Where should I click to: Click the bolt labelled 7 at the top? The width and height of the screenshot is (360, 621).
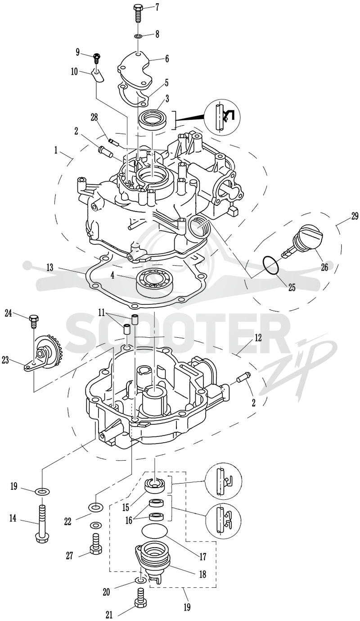pyautogui.click(x=138, y=14)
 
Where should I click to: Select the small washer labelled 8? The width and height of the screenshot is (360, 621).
pyautogui.click(x=138, y=36)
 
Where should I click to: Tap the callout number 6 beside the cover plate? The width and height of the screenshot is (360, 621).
pyautogui.click(x=166, y=59)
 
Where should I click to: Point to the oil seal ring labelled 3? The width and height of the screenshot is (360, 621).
pyautogui.click(x=152, y=118)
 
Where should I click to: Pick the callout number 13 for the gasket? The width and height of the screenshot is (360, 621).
pyautogui.click(x=50, y=267)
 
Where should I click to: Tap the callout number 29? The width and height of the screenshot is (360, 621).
pyautogui.click(x=355, y=216)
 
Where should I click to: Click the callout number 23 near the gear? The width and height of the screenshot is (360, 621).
pyautogui.click(x=5, y=361)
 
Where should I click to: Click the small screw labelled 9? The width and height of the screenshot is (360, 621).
pyautogui.click(x=97, y=57)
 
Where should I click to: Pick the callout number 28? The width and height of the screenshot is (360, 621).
pyautogui.click(x=94, y=118)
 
